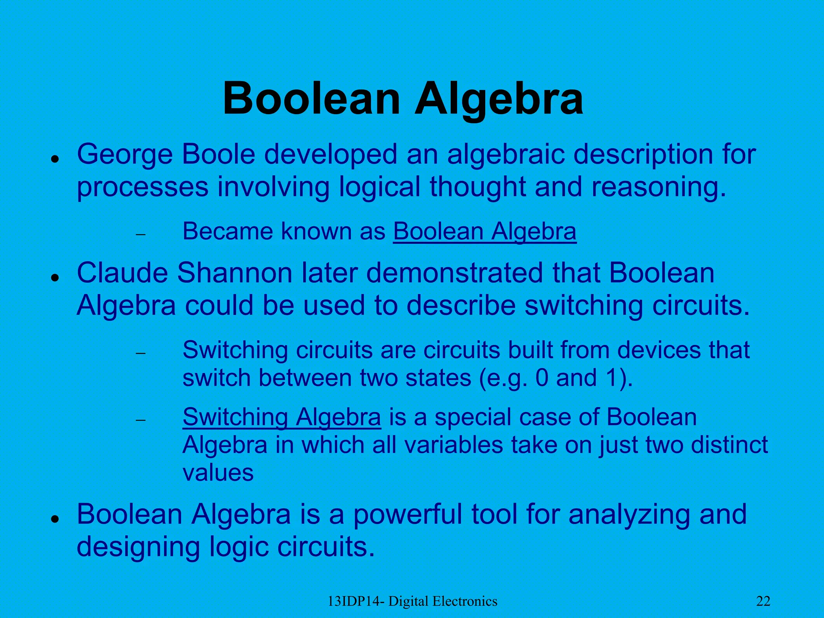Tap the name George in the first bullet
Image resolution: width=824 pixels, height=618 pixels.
tap(125, 155)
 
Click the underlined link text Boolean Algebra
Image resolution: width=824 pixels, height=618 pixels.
tap(484, 232)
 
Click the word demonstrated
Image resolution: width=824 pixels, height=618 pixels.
tap(455, 273)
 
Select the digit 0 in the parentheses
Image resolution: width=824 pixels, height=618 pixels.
tap(542, 378)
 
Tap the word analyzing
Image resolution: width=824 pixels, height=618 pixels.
tap(629, 515)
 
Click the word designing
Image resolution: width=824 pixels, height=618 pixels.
tap(138, 548)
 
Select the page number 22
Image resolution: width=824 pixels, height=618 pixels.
tap(763, 601)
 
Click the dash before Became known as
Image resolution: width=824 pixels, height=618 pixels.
tap(140, 235)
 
